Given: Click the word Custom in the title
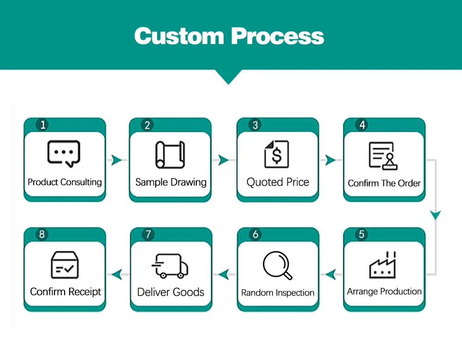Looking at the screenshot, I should tap(179, 36).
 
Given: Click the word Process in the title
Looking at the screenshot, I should tap(278, 36).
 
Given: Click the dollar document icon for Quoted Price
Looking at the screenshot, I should tap(276, 154).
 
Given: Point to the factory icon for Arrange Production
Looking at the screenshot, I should tap(383, 265).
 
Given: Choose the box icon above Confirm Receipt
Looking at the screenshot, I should tap(64, 264).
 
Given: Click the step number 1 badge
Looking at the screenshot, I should tap(43, 125).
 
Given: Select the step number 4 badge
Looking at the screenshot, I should tap(362, 125).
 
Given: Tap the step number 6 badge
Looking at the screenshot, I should tap(255, 234).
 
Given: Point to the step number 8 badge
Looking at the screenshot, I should tap(42, 234).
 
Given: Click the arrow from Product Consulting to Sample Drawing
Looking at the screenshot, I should tap(116, 160).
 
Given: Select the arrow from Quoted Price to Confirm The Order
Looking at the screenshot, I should tap(330, 160).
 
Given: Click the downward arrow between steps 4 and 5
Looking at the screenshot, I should tap(435, 215).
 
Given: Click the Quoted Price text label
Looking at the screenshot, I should tap(277, 182).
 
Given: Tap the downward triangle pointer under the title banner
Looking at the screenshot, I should tap(229, 77).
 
